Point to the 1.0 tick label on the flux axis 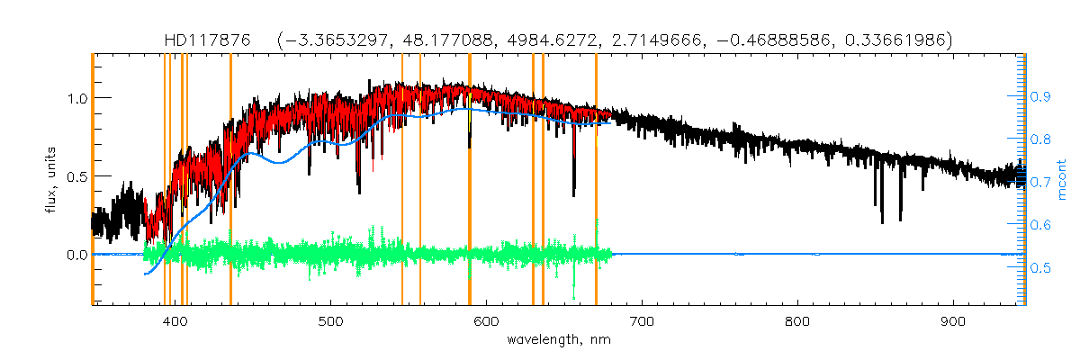[x=76, y=97]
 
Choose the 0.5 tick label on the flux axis [x=76, y=176]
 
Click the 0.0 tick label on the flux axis [x=76, y=255]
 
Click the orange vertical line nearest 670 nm [x=596, y=180]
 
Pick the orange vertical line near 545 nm [x=401, y=180]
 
